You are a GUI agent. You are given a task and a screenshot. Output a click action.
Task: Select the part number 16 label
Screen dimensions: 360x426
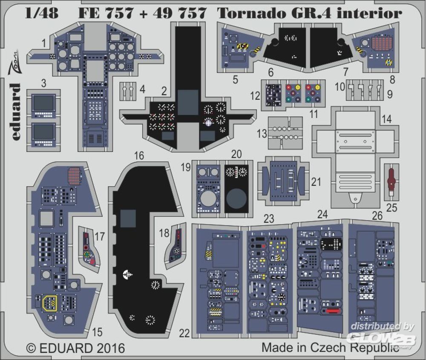click(139, 156)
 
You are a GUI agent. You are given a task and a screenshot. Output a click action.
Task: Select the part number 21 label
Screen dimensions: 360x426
click(316, 182)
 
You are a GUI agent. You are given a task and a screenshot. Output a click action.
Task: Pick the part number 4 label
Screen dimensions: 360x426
click(142, 90)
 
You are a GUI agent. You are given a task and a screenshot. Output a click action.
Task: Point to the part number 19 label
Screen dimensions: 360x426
click(184, 167)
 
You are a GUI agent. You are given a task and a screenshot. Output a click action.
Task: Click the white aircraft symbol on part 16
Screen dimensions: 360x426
click(127, 274)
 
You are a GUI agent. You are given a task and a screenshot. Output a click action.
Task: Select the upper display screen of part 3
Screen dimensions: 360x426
click(43, 103)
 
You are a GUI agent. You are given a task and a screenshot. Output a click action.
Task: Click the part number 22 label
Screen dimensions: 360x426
click(184, 334)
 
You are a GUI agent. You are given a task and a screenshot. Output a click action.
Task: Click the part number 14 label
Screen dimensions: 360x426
click(386, 120)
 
